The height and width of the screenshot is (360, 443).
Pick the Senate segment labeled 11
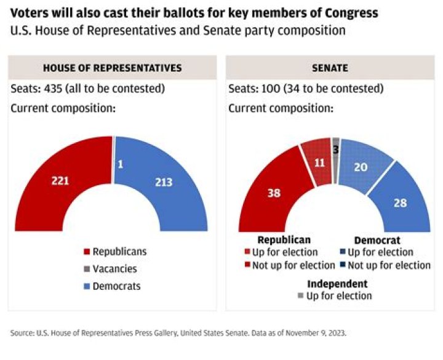(317, 163)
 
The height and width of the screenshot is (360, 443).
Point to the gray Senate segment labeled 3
(335, 150)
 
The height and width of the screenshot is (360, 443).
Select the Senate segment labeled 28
(401, 202)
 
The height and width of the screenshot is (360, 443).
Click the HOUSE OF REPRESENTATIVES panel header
(112, 68)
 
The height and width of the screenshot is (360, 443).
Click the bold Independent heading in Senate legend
(337, 284)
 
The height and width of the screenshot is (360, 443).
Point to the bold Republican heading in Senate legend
(284, 240)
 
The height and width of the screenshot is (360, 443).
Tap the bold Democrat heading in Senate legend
(377, 240)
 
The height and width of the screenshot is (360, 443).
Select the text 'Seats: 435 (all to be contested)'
(88, 89)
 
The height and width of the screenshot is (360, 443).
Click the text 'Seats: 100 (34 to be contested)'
(306, 89)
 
